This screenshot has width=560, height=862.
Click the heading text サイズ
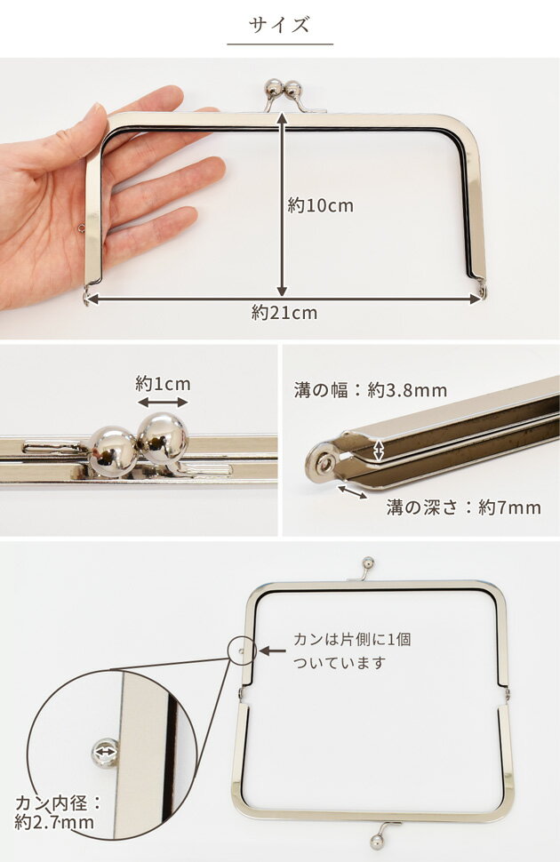coord(279,24)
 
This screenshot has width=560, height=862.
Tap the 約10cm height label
coord(321,206)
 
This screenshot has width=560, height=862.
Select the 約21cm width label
coord(284,313)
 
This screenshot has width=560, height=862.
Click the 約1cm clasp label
coord(163,384)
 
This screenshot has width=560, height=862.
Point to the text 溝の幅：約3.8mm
coord(370,390)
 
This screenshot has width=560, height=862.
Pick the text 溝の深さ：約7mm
coord(462,508)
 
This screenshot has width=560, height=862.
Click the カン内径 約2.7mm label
coord(55,812)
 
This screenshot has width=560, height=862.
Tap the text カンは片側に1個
coord(352,639)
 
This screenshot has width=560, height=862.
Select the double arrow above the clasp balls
coord(163,403)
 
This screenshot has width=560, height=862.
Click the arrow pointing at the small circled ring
coord(272,651)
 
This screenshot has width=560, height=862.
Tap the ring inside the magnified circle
coord(106,752)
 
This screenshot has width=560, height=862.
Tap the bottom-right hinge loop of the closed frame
coord(483,291)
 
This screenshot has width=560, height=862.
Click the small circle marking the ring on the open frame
coord(240,650)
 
